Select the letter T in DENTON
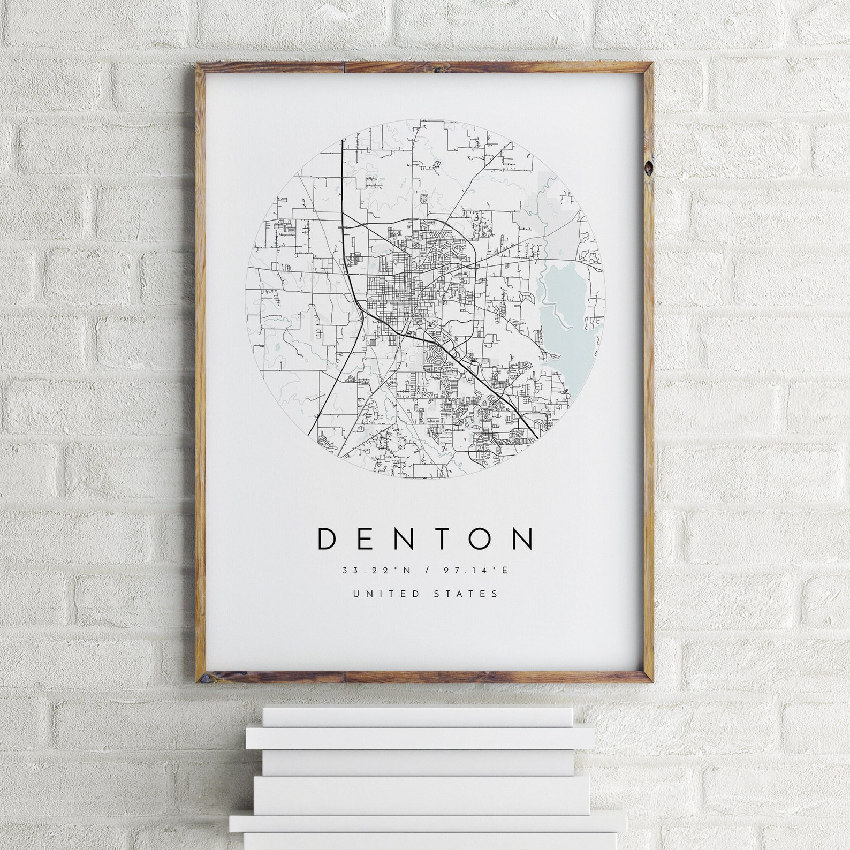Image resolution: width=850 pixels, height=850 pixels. (442, 539)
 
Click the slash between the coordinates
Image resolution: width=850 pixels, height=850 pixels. (427, 571)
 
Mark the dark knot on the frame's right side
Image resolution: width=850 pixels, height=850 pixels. (649, 167)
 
